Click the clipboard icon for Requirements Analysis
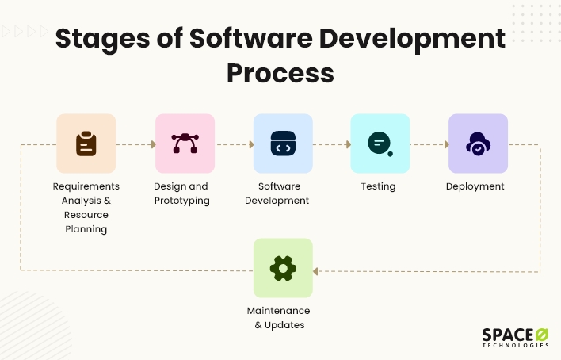tap(86, 144)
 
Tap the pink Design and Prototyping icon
tap(185, 144)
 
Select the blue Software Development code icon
tap(283, 144)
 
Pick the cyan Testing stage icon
tap(380, 144)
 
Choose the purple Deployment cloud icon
tap(479, 144)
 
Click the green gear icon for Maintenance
tap(283, 268)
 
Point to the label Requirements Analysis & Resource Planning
tap(86, 208)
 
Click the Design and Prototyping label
tap(181, 193)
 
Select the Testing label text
tap(378, 186)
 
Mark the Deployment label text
tap(475, 186)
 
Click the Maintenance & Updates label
tap(278, 318)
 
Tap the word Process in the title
tap(280, 73)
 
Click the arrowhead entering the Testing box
tap(348, 145)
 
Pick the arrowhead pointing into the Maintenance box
tap(315, 271)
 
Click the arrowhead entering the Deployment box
tap(445, 145)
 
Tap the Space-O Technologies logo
tap(514, 337)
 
